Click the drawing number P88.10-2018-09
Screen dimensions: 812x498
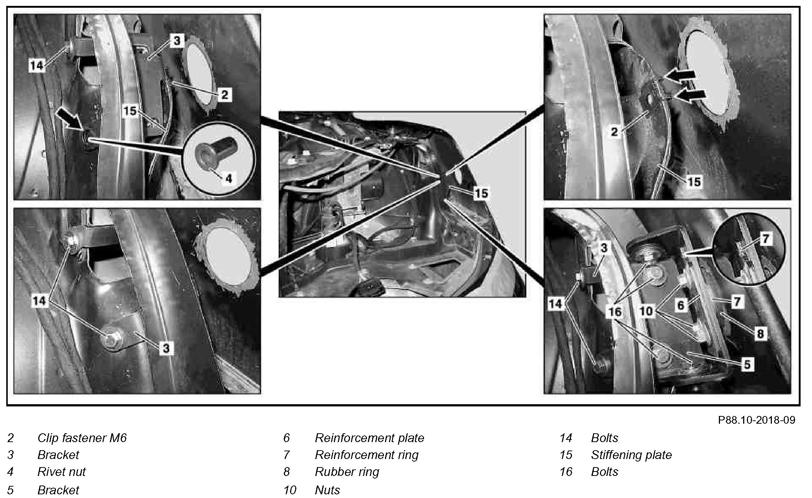pos(756,420)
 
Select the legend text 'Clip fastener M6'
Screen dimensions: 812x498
pos(82,438)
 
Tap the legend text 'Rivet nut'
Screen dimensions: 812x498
pos(61,472)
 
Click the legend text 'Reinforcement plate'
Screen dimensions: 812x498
pos(370,438)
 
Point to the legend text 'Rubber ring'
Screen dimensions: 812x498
pos(347,472)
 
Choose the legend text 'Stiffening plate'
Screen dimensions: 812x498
pos(632,455)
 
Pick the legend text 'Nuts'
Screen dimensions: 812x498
pos(328,490)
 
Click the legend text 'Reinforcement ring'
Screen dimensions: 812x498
pos(367,455)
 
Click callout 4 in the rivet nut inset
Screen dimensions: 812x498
pos(229,178)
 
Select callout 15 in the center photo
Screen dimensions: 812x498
pos(481,193)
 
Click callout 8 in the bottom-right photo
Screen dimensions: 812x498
pos(760,334)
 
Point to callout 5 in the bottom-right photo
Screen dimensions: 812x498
pos(747,364)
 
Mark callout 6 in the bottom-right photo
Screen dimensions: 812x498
pos(681,305)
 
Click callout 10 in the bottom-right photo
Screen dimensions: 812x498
pos(646,311)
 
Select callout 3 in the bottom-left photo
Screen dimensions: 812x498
pos(166,348)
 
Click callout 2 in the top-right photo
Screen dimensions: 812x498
pos(614,131)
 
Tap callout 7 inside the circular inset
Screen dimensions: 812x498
pos(765,239)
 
